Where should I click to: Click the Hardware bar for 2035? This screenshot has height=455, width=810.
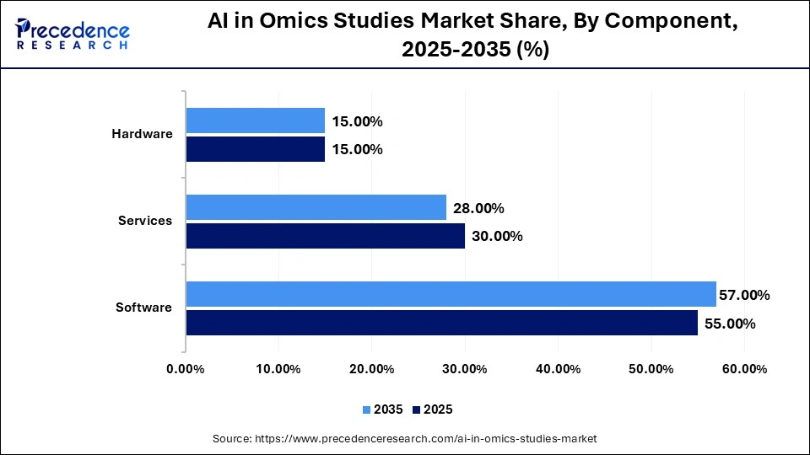coord(255,120)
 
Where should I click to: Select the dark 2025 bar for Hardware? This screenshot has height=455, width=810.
coord(255,149)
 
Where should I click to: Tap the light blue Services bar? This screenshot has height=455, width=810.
coord(316,207)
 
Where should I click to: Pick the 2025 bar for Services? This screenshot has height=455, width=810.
coord(325,236)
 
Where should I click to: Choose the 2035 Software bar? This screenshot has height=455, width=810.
coord(451,294)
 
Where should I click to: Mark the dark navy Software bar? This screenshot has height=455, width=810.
coord(441,323)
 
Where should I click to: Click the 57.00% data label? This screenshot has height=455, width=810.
coord(744,295)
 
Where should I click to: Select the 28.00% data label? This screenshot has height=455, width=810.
coord(478,208)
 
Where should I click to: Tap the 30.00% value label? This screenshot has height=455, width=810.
coord(497,237)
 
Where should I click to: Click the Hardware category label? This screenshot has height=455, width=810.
coord(142,134)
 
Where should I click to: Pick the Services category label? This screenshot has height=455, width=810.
coord(144,221)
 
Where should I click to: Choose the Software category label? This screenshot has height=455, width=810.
coord(143,308)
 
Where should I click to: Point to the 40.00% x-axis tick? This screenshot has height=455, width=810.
coord(558,369)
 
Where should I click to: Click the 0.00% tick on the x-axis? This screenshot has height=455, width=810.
coord(186,369)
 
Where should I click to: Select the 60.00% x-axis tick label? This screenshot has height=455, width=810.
coord(743,369)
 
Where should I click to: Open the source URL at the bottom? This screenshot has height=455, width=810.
coord(405,439)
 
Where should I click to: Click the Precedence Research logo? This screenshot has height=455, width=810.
coord(73,34)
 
